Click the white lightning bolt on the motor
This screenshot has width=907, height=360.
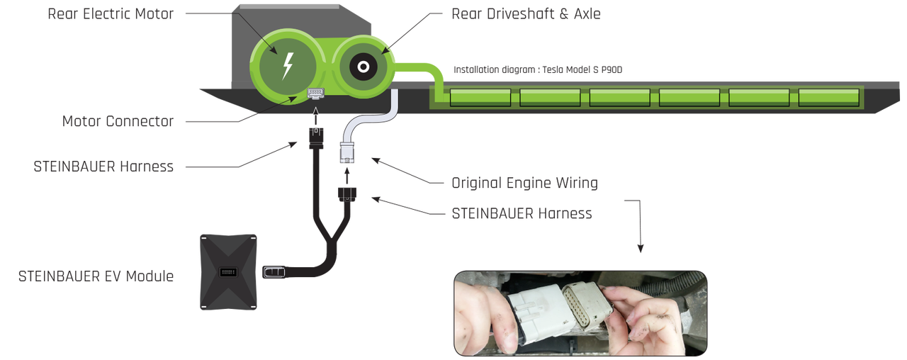click(x=287, y=65)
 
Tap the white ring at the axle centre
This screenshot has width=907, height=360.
click(x=363, y=67)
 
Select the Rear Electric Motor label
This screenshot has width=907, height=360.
click(x=110, y=13)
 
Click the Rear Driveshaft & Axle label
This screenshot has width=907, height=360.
click(x=525, y=13)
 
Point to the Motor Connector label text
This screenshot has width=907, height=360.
click(x=117, y=121)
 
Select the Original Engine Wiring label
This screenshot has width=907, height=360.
click(x=524, y=183)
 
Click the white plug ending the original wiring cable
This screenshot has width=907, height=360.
click(x=347, y=152)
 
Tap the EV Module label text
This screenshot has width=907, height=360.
click(x=95, y=275)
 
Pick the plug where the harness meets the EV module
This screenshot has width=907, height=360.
click(x=274, y=272)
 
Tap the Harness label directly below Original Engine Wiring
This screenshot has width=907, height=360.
click(x=522, y=213)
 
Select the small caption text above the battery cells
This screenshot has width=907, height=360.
click(x=538, y=69)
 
